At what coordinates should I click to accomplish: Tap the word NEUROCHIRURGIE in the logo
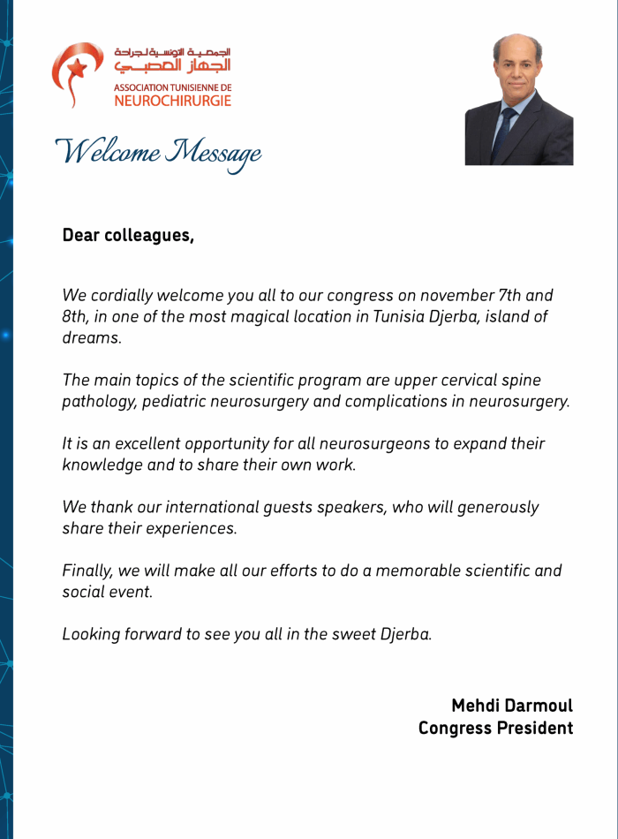point(173,101)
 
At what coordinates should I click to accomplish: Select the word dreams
point(91,338)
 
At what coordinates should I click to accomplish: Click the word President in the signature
point(533,729)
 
